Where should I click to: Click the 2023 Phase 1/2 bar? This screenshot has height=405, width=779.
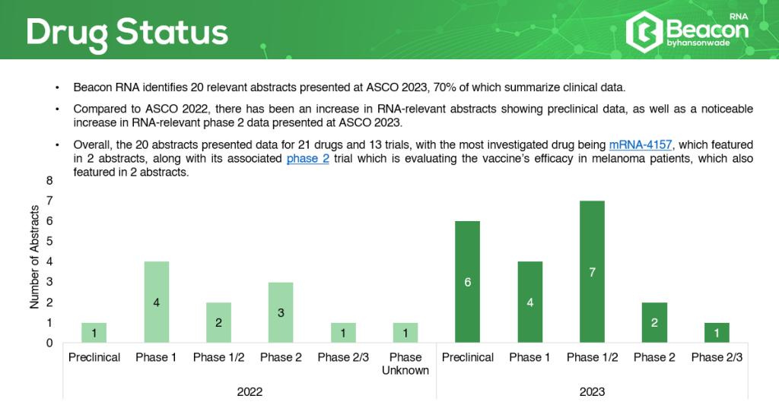[x=592, y=271]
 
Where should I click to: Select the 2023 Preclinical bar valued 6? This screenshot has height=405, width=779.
[x=468, y=282]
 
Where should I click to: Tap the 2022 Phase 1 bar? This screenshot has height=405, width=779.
[x=157, y=302]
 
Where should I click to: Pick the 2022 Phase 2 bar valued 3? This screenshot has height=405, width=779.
[x=281, y=312]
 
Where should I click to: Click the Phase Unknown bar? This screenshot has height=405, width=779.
[x=405, y=333]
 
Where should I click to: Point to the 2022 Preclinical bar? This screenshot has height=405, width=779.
[x=94, y=333]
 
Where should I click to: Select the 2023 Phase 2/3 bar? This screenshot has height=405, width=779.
[x=717, y=333]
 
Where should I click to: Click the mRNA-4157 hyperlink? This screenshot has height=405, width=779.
[x=641, y=145]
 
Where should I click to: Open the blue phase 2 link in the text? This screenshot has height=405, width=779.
[x=308, y=159]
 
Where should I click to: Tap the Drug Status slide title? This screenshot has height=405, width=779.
[x=127, y=33]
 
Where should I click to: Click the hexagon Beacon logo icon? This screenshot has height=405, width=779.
[x=644, y=32]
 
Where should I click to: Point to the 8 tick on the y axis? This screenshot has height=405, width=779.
[x=49, y=181]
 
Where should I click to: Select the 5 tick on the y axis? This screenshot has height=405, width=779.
[x=49, y=241]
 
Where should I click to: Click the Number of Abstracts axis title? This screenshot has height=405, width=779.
[x=34, y=257]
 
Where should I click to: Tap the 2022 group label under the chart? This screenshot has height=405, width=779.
[x=250, y=391]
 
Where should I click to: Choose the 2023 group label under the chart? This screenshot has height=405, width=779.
[x=592, y=391]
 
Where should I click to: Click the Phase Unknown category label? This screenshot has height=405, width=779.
[x=405, y=364]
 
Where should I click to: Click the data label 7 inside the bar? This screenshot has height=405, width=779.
[x=592, y=272]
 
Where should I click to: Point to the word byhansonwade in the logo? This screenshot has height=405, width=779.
[x=698, y=43]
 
